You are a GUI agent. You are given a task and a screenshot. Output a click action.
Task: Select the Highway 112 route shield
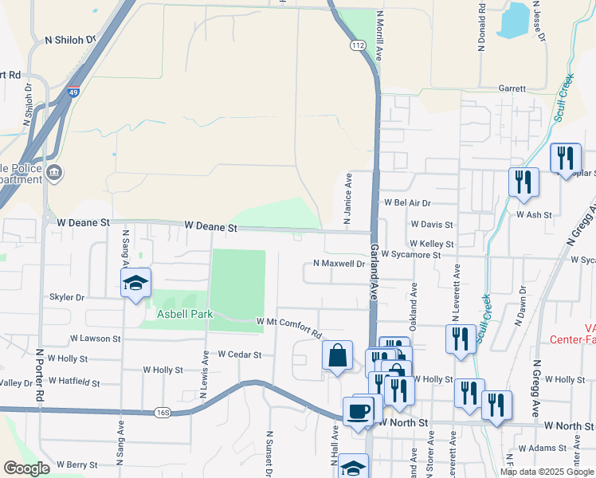(358, 46)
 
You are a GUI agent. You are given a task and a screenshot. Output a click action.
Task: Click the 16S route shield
(164, 412)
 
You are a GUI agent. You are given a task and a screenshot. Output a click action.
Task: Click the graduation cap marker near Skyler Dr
(135, 283)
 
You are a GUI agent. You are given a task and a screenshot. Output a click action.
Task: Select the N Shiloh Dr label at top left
(70, 39)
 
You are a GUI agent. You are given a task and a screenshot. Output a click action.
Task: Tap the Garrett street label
(512, 88)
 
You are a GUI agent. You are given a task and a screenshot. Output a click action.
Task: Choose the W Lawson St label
(95, 339)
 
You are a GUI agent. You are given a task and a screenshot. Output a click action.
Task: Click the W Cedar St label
(240, 354)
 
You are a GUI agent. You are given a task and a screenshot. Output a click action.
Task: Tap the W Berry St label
(76, 464)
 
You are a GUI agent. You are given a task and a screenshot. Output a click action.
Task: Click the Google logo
(27, 468)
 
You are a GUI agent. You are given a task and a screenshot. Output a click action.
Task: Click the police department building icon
(55, 172)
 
